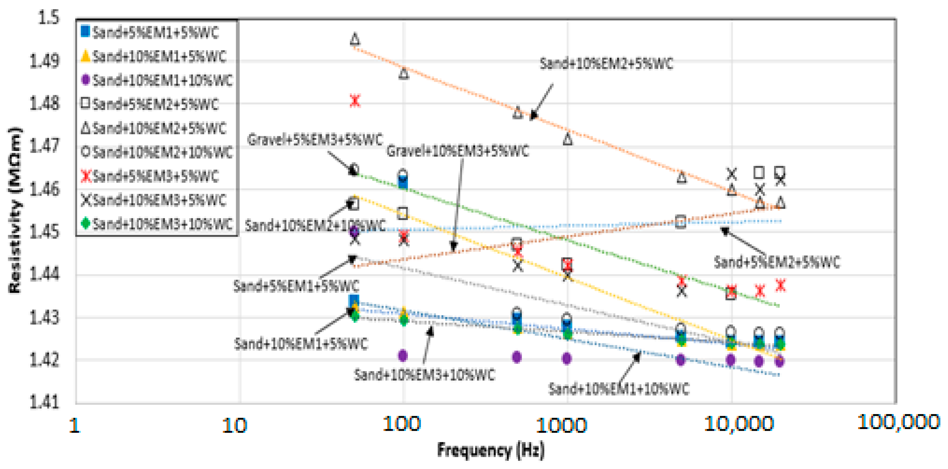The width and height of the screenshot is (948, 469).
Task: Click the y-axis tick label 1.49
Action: pyautogui.click(x=44, y=61)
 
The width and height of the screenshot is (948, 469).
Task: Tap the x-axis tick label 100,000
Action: pyautogui.click(x=898, y=422)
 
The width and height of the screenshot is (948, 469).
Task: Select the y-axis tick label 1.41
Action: pyautogui.click(x=44, y=402)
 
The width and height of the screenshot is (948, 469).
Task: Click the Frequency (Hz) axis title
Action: pyautogui.click(x=490, y=450)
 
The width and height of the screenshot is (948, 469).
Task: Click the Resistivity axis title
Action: pyautogui.click(x=15, y=210)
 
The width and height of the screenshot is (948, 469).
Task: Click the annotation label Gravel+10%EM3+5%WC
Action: pyautogui.click(x=457, y=151)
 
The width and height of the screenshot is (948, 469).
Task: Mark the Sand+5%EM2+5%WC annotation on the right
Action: pyautogui.click(x=777, y=262)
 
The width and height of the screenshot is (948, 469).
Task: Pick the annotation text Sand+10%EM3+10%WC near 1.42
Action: pyautogui.click(x=424, y=375)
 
